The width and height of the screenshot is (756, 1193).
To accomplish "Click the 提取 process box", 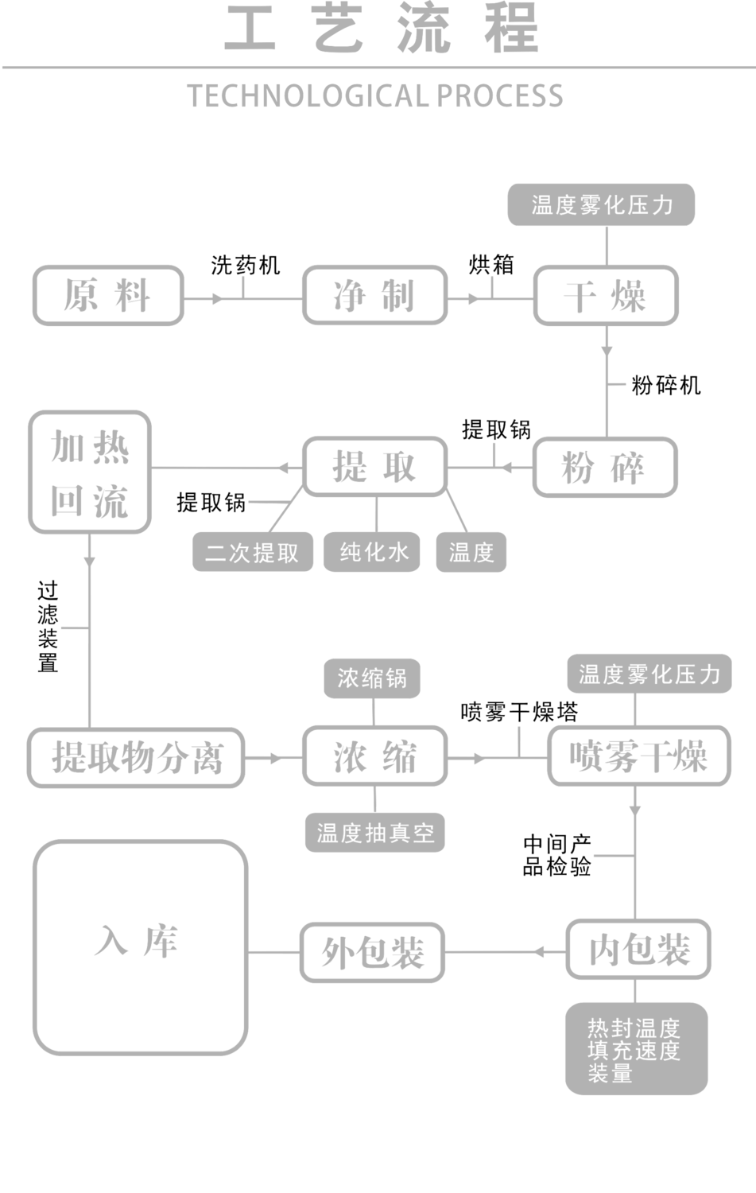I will pos(374,468).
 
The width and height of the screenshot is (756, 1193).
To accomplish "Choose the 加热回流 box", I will pos(90,472).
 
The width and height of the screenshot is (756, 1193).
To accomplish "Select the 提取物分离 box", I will pos(137,757).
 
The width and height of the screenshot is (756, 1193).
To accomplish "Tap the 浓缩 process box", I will pos(374,757).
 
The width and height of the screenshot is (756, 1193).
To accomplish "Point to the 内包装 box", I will pos(639,950).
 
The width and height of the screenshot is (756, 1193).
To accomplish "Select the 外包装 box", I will pos(373,952).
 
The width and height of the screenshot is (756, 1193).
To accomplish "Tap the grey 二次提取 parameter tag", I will pos(253,552).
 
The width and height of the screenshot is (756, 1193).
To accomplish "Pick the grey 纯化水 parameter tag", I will pos(374,552).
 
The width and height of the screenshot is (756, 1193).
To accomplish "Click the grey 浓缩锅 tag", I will pos(372,678).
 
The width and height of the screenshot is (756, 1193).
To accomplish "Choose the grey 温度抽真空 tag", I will pos(374,833).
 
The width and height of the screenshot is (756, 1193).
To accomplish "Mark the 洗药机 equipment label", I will pos(246,265).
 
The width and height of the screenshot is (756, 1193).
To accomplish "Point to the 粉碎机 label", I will pos(666,386).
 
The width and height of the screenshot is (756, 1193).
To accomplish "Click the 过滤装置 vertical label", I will pos(48,627).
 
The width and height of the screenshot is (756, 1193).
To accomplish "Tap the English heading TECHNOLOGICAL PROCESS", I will pos(375,96).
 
